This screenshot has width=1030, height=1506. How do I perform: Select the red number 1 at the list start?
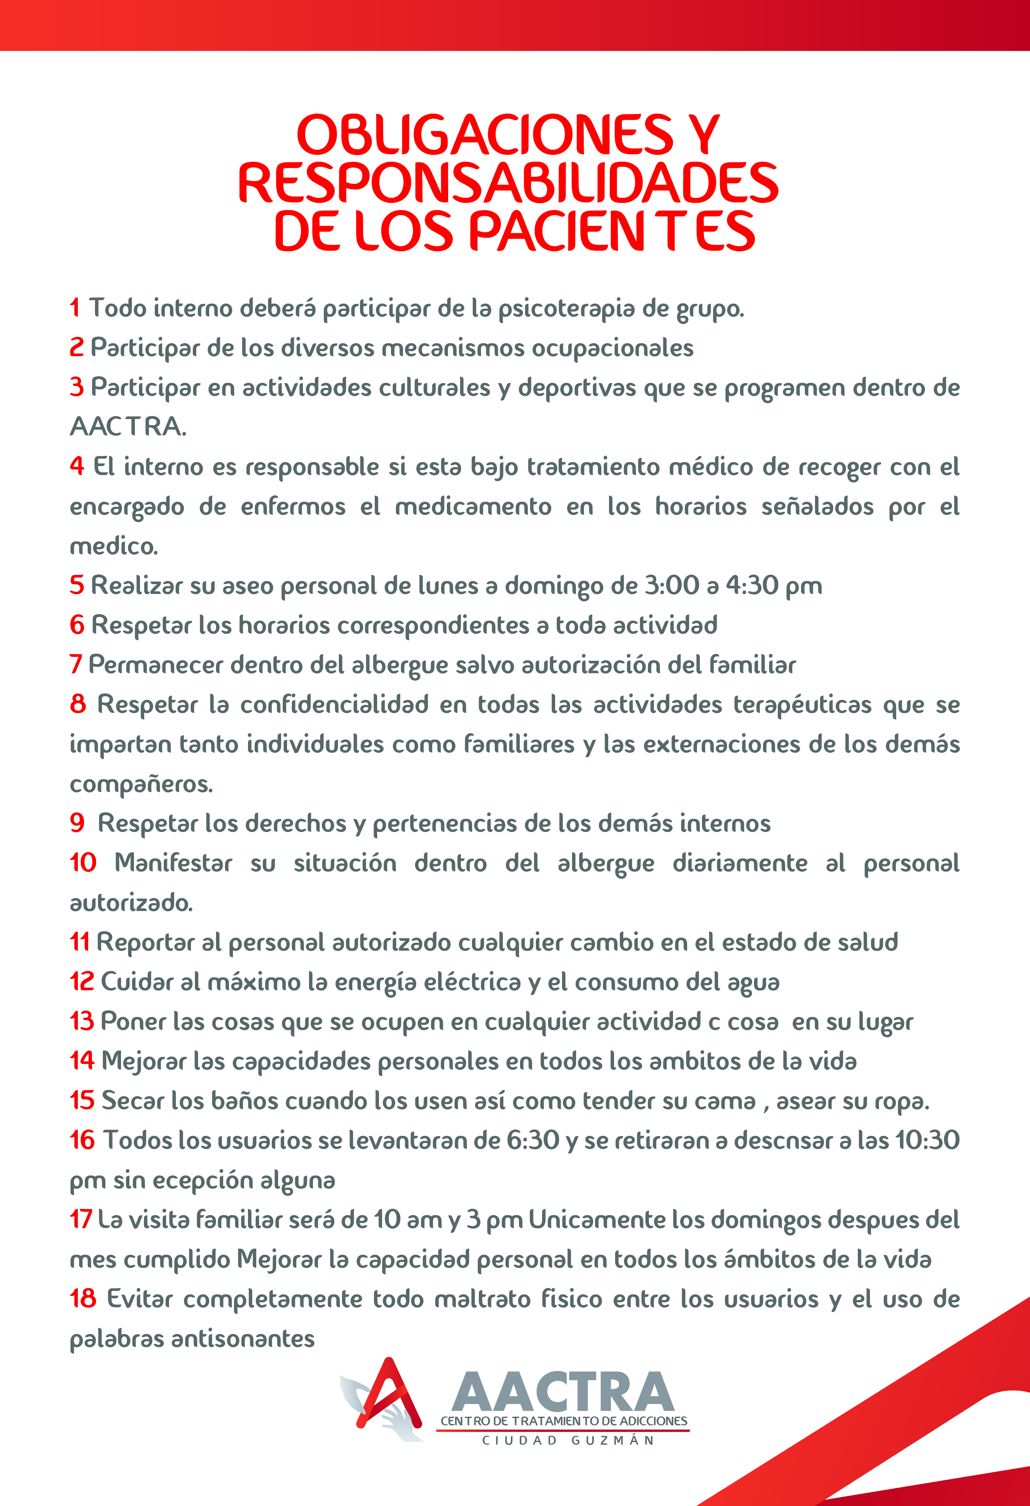click(x=75, y=308)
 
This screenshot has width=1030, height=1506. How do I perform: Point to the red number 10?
click(x=83, y=863)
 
